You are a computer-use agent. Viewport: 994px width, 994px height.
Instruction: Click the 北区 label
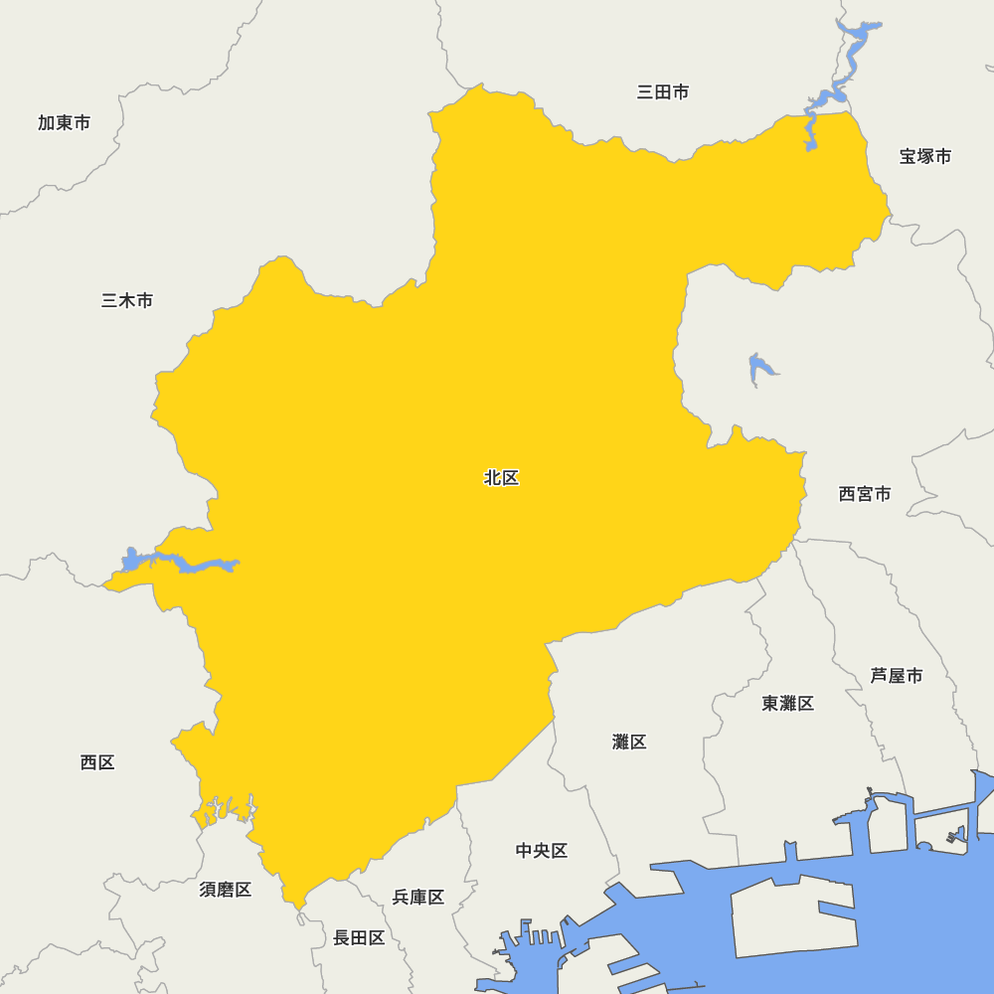[x=501, y=478]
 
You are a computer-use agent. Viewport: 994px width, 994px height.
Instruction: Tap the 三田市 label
[x=663, y=92]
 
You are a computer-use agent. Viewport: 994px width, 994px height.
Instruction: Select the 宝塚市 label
[x=925, y=156]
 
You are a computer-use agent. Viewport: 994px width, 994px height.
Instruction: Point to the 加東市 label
[x=65, y=122]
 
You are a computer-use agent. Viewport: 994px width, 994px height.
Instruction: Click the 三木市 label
[x=127, y=300]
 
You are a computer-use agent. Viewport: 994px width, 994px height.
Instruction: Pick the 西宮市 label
[x=865, y=494]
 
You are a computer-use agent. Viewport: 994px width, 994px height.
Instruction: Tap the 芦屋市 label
[x=897, y=676]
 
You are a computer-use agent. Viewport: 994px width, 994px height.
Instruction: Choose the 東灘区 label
[x=788, y=704]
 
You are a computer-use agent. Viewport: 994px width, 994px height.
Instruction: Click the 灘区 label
[x=629, y=742]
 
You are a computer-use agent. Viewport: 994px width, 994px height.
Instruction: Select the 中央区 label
[x=542, y=851]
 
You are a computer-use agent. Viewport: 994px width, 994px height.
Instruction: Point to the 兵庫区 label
[x=418, y=898]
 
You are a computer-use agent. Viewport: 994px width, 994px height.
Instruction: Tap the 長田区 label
[x=359, y=937]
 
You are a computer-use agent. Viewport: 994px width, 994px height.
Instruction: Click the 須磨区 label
[x=226, y=890]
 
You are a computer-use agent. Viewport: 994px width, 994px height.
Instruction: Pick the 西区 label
[x=97, y=762]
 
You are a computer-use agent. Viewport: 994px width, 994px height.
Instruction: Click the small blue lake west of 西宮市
[x=759, y=369]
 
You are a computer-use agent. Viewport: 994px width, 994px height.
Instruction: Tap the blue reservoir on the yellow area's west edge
[x=179, y=564]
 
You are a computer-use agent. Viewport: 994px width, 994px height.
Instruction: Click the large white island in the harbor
[x=790, y=914]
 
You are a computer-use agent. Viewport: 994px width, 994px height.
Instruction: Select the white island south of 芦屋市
[x=939, y=827]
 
